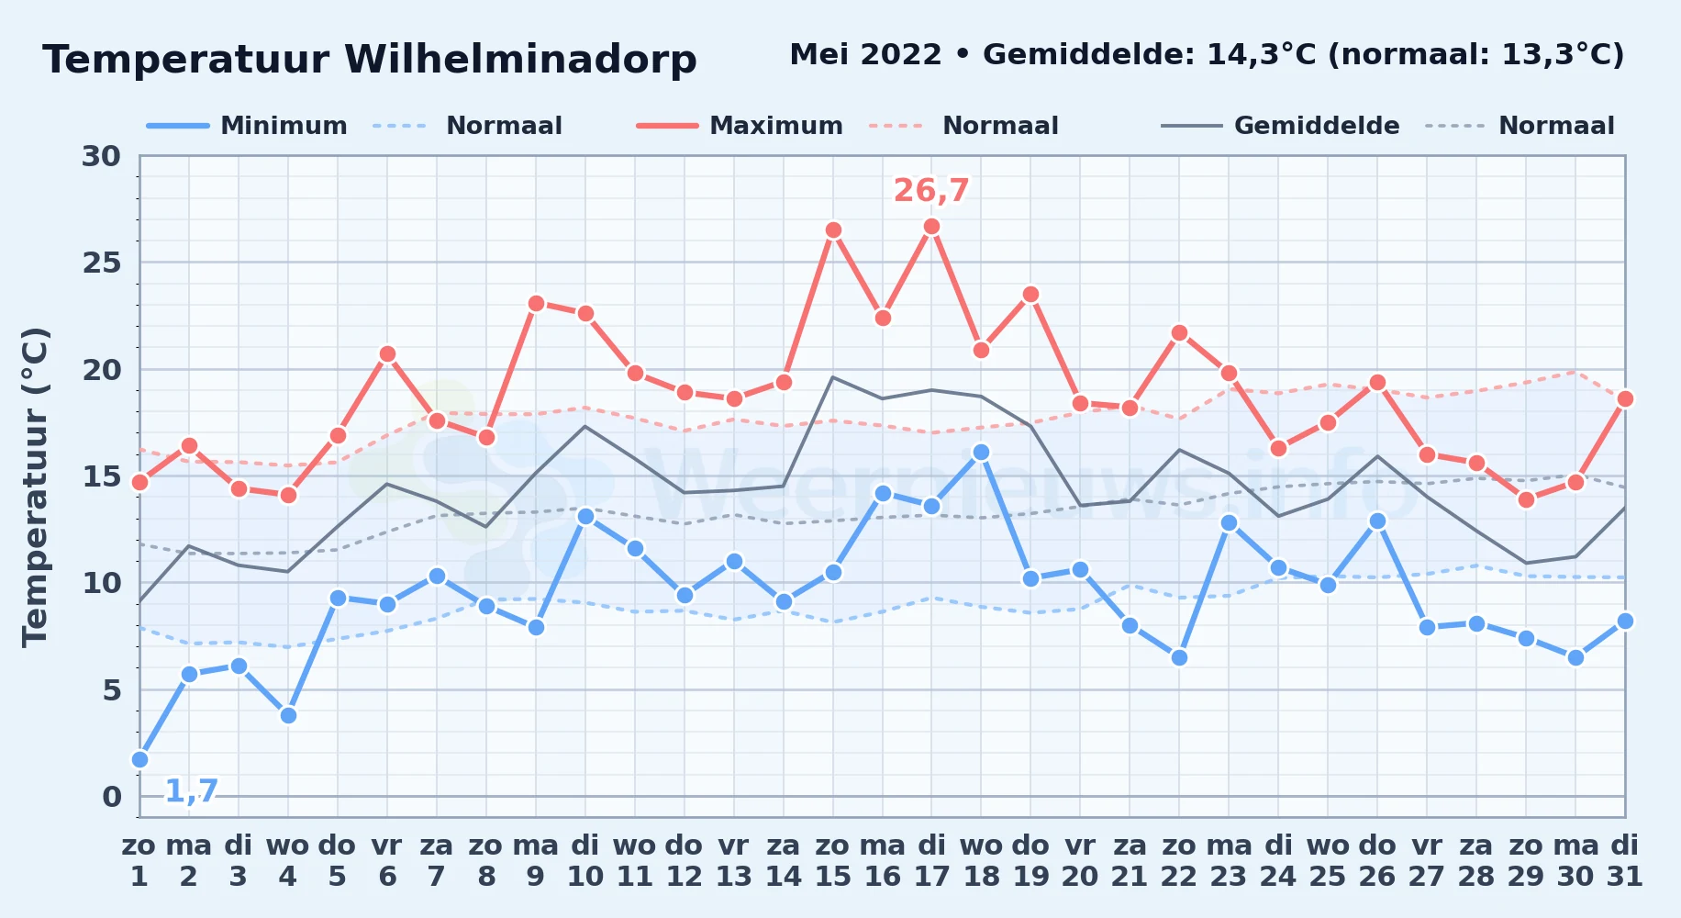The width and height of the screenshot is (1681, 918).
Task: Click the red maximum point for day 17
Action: [x=931, y=227]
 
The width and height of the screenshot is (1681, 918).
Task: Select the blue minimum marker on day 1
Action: [x=139, y=759]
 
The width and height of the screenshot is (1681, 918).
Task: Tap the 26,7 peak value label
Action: [x=931, y=190]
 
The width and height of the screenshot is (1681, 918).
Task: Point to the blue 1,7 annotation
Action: [x=192, y=790]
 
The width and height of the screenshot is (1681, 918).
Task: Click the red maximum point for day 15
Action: [x=833, y=230]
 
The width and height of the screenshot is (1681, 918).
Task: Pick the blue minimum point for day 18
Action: [x=981, y=453]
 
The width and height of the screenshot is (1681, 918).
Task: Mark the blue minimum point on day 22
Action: [x=1179, y=657]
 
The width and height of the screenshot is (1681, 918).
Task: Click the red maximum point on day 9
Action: [x=536, y=304]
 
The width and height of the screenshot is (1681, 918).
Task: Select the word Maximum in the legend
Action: [x=776, y=126]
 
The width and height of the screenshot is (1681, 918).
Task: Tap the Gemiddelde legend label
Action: [x=1317, y=126]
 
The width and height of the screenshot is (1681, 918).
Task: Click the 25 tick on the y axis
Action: [x=102, y=263]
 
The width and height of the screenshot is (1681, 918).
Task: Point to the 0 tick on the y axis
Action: [x=112, y=797]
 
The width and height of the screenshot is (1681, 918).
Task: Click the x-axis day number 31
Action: [x=1624, y=877]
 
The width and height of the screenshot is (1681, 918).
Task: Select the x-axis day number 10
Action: [x=585, y=877]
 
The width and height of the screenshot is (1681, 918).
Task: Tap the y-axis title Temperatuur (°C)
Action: [x=35, y=487]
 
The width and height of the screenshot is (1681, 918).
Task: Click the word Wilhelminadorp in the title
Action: [x=520, y=60]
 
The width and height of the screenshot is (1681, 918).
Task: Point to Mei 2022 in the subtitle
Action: [x=865, y=54]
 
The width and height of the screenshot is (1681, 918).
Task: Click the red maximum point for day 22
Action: [x=1179, y=333]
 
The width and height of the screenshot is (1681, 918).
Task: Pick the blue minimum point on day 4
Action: [x=288, y=715]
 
